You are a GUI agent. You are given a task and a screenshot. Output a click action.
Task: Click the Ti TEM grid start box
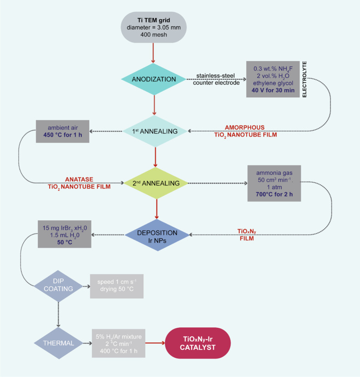pos(155,28)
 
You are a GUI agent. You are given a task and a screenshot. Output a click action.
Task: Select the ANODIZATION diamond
pos(154,79)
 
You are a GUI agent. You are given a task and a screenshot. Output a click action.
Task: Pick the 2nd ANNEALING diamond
pos(156,183)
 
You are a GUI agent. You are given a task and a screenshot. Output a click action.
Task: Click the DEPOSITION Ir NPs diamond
pos(157,235)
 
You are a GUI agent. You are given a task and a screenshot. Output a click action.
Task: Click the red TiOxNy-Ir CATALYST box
pos(199,341)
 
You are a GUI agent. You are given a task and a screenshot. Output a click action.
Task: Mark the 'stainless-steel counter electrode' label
pos(213,79)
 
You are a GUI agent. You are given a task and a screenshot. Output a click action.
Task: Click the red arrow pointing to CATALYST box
pos(153,341)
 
